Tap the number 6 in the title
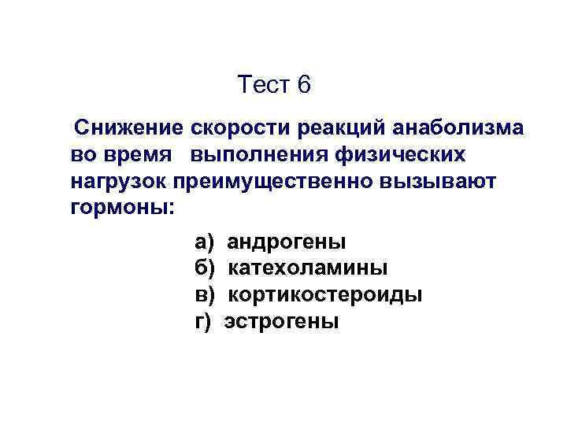click(x=306, y=85)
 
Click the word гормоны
click(x=121, y=209)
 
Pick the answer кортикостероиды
click(x=325, y=295)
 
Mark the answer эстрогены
click(x=282, y=322)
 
